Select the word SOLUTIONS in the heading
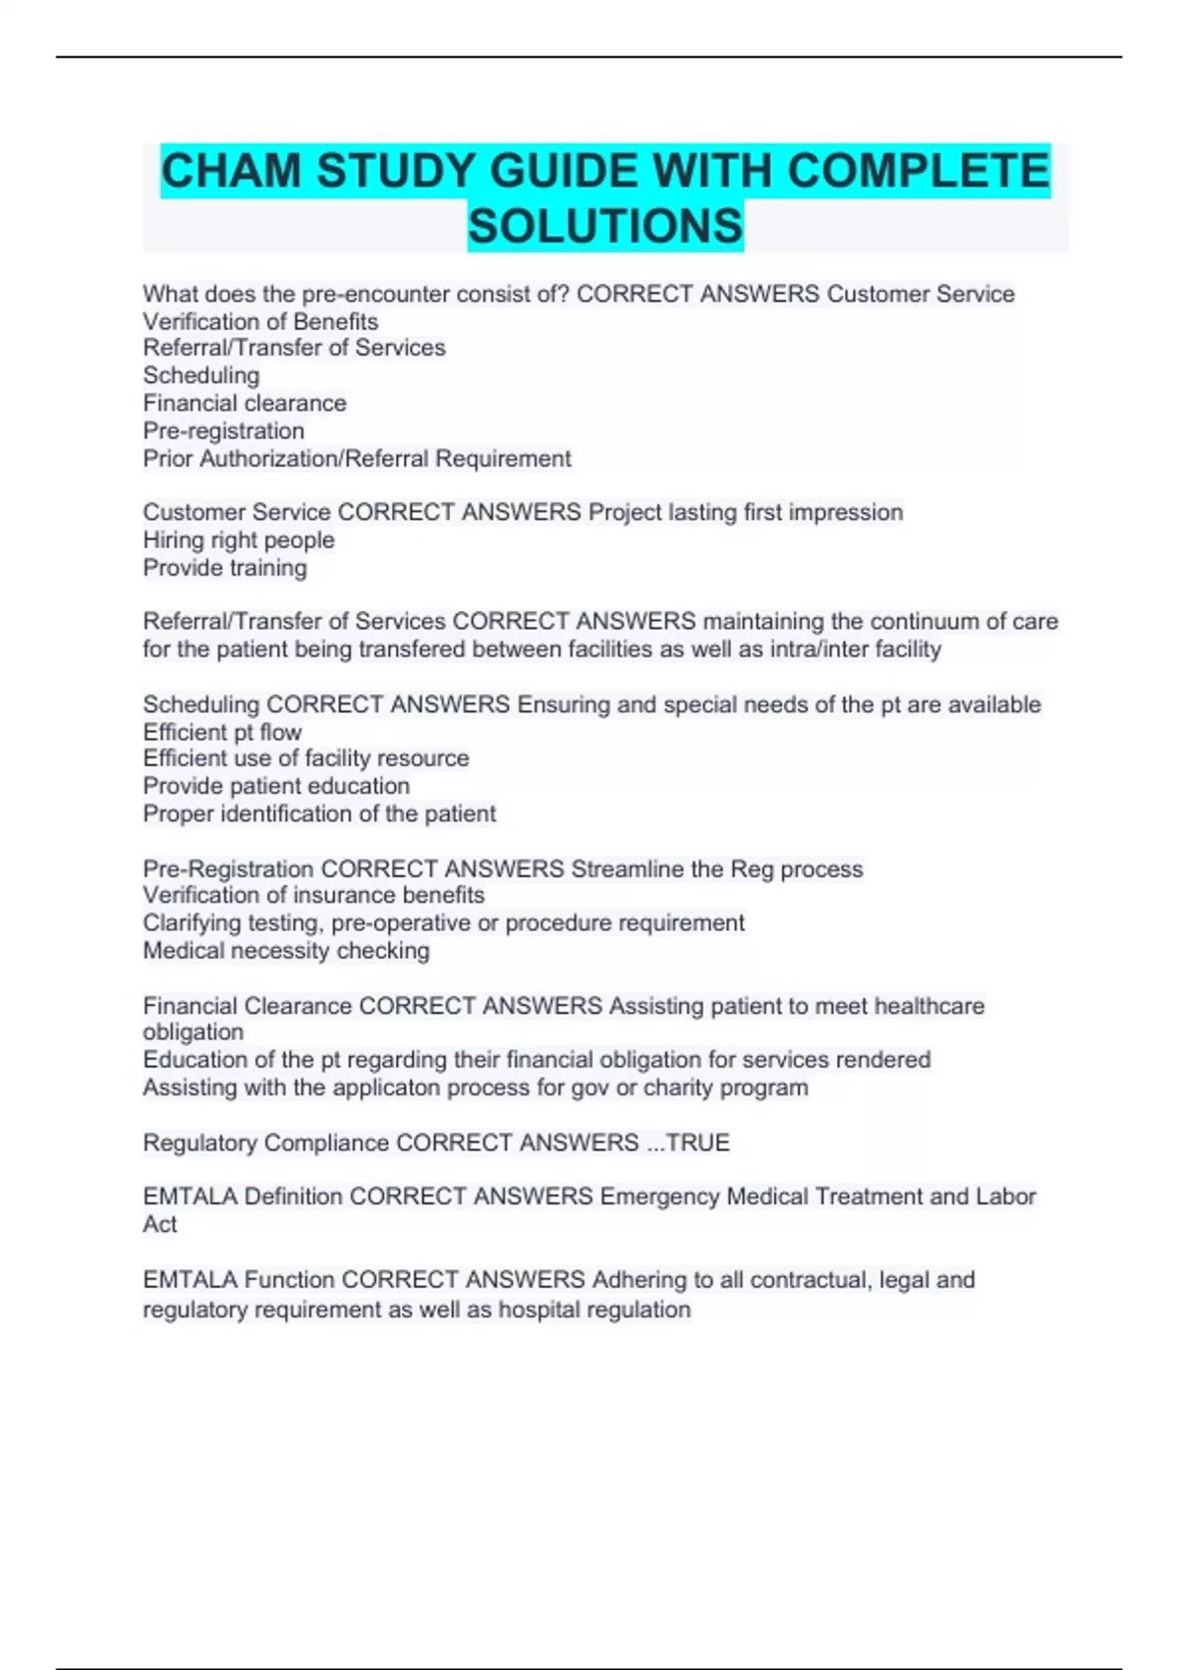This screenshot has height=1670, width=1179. tap(605, 226)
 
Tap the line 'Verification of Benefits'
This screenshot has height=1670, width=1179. tap(260, 321)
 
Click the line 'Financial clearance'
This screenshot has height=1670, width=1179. tap(245, 403)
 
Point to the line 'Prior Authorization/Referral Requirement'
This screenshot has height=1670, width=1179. tap(357, 459)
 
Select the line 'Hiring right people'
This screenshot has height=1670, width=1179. tap(239, 540)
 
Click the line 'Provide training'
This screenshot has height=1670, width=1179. tap(225, 568)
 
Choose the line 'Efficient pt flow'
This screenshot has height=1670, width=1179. tap(222, 732)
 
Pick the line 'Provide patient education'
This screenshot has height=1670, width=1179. tap(276, 786)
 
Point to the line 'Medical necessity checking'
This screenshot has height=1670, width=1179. tap(286, 951)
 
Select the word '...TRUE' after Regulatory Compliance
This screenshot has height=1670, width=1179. tap(688, 1142)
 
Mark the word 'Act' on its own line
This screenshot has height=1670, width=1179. tap(160, 1224)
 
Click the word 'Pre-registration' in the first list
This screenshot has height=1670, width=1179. tap(224, 431)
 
